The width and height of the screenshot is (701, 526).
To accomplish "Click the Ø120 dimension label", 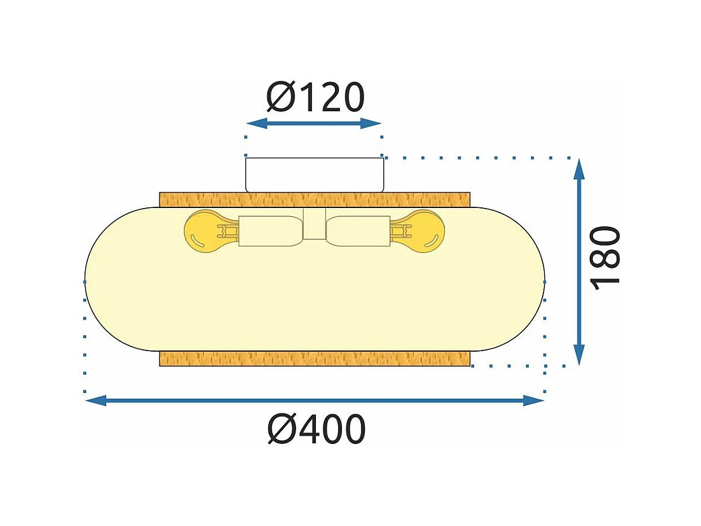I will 315,97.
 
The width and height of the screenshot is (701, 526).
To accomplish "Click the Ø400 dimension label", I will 316,430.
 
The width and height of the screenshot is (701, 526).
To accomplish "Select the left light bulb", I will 203,231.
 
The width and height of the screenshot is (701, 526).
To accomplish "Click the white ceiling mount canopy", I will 315,174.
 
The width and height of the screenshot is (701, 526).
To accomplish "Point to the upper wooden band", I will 315,199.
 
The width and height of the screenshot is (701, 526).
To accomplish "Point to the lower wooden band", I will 315,358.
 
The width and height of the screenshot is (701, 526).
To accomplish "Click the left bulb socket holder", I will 266,232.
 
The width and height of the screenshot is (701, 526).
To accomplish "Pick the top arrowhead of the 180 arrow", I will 579,169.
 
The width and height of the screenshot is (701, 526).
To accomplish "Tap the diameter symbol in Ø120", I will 281,97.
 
